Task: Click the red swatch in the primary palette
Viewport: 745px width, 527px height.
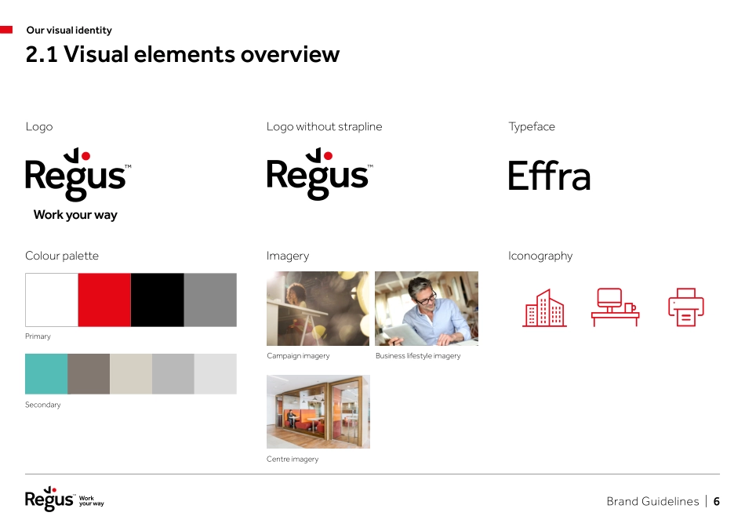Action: (x=104, y=300)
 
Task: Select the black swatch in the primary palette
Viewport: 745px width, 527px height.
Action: (x=158, y=300)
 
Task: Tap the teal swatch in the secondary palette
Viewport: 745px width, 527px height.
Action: (x=46, y=373)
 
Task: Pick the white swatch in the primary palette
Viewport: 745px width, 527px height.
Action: (x=52, y=300)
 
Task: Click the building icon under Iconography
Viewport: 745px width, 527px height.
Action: (x=544, y=308)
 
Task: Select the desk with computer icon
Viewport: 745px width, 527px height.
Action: (x=614, y=307)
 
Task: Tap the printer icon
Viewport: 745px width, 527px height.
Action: (x=686, y=307)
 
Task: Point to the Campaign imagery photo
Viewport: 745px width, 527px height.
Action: (x=318, y=308)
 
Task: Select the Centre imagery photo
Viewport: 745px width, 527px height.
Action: (x=318, y=411)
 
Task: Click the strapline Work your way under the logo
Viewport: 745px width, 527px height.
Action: (x=75, y=215)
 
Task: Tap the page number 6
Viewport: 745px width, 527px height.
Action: (x=716, y=502)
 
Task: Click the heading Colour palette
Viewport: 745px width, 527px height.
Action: (x=62, y=256)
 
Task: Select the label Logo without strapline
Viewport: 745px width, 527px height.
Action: (x=324, y=126)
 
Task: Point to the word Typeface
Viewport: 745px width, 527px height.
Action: (x=531, y=126)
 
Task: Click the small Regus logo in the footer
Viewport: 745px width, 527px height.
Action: (x=49, y=500)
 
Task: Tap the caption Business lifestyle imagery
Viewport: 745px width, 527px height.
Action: (x=418, y=356)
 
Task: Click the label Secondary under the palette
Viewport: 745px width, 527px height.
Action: (x=42, y=405)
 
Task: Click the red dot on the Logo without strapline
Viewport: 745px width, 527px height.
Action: (x=328, y=156)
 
